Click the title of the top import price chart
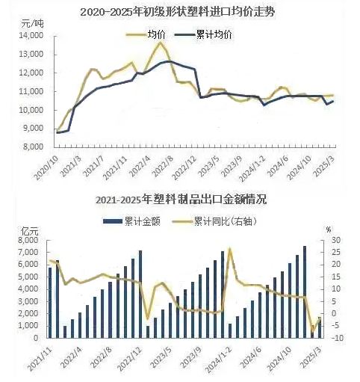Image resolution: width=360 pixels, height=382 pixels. (x=178, y=12)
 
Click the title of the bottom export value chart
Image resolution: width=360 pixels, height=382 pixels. (x=181, y=200)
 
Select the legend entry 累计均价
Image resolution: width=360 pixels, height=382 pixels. (x=203, y=34)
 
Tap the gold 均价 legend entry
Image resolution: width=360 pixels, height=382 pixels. (x=146, y=34)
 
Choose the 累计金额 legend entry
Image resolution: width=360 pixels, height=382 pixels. (x=131, y=221)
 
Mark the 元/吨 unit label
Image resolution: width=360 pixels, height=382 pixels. (x=32, y=24)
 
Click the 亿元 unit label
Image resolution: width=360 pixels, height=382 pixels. (x=30, y=231)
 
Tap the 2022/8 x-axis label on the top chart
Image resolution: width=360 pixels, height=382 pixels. (x=164, y=166)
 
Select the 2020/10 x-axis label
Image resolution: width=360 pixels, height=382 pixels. (x=46, y=168)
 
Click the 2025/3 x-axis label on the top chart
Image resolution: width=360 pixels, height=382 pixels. (x=325, y=166)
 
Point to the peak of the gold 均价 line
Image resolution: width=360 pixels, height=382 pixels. (x=161, y=43)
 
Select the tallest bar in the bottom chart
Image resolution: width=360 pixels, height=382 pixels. (x=305, y=292)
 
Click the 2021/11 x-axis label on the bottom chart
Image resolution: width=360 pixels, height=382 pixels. (x=40, y=359)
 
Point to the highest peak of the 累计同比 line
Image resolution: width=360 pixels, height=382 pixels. (x=230, y=248)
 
